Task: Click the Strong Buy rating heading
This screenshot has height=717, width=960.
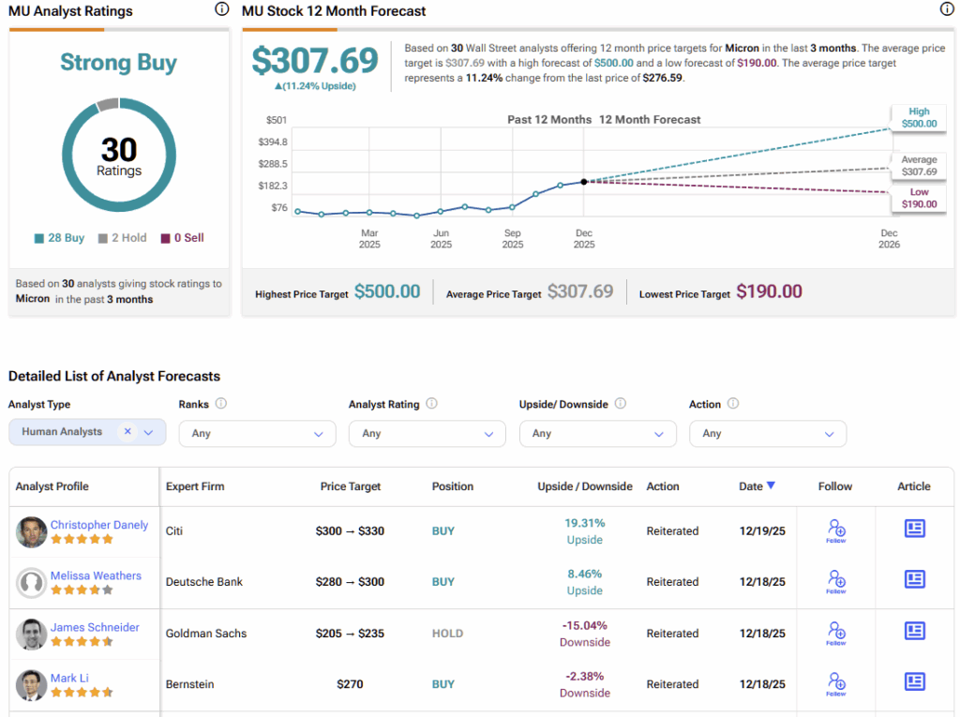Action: [119, 63]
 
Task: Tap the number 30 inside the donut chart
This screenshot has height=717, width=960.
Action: [119, 150]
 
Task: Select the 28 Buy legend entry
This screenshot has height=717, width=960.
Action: [59, 238]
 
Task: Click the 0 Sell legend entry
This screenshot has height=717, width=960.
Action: [182, 238]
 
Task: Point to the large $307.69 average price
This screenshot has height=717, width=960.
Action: [315, 60]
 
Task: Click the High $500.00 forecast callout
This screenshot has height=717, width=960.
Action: [919, 117]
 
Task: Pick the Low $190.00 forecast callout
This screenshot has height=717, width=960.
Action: [919, 198]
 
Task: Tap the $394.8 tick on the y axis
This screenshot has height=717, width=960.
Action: [273, 142]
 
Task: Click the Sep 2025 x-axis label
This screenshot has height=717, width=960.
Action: [513, 238]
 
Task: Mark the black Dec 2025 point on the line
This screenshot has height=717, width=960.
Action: [584, 182]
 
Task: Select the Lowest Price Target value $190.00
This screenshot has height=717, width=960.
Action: [769, 291]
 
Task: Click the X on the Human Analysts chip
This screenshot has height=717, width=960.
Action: [127, 431]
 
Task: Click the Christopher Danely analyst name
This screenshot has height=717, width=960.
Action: [99, 525]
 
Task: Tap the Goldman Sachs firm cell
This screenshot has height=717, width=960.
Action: [206, 634]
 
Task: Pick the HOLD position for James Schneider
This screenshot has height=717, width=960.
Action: [447, 634]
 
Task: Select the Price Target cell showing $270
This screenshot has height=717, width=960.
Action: [350, 684]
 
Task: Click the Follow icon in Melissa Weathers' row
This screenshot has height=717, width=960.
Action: [836, 581]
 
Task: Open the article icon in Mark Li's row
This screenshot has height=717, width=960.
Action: [915, 681]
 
